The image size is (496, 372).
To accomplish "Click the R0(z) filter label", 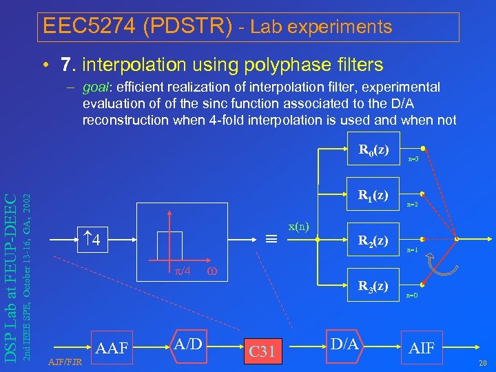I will pos(373,149).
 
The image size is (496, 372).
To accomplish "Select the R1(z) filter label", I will pos(373,195).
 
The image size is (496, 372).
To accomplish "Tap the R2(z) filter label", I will pos(373,240).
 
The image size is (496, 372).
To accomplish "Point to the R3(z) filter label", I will pos(373,285).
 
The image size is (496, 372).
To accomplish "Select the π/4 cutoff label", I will pos(181,270).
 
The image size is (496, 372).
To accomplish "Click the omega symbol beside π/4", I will pos(214,270).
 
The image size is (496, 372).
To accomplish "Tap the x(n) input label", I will pos(298,226).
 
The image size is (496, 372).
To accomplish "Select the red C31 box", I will pos(262,352).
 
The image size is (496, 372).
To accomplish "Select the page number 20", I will pos(482,363).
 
